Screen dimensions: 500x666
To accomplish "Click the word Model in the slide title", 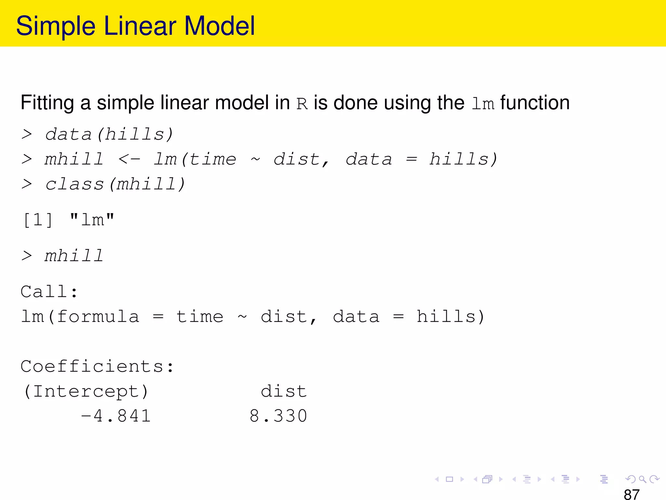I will (220, 26).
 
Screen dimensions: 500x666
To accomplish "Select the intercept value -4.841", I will (116, 416).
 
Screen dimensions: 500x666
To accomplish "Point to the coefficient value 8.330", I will (278, 416).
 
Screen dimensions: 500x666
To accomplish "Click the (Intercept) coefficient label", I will (86, 391).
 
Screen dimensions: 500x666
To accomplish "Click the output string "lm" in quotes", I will (92, 220).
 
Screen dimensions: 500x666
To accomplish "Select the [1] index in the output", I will (38, 220).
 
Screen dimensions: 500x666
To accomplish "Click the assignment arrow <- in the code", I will (129, 160).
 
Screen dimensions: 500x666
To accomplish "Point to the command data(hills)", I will (109, 134).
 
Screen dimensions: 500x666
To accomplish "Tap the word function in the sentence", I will (535, 103).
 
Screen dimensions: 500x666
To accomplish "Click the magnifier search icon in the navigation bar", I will (642, 479).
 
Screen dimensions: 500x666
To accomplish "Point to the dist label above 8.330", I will (284, 391).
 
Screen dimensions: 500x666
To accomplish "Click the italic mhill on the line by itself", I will (74, 256).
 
